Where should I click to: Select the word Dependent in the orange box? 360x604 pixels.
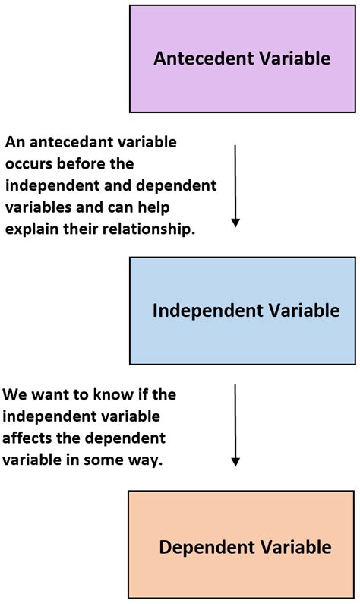tap(197, 547)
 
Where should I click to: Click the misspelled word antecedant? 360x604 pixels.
tap(68, 141)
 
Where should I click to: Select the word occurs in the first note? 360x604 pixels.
tap(27, 163)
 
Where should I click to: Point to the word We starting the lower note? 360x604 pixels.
tap(15, 395)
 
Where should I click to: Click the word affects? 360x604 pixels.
tap(28, 438)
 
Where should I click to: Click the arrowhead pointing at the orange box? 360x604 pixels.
tap(235, 461)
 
